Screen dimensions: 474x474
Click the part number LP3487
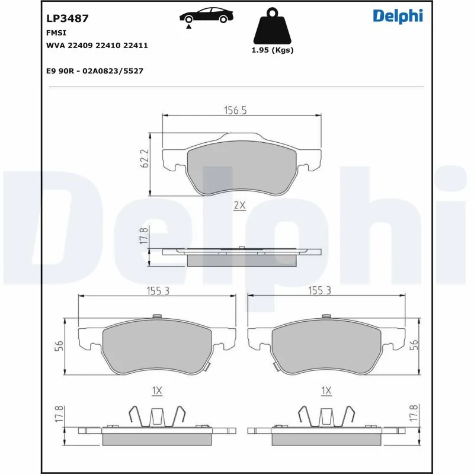pos(67,18)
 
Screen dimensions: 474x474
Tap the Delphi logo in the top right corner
pos(398,16)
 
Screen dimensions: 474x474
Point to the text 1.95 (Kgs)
pos(273,50)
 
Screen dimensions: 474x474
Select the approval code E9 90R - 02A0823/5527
pos(95,71)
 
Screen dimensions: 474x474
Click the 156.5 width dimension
pos(235,110)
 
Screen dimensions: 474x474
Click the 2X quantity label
pos(239,206)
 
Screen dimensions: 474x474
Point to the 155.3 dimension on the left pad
pos(157,291)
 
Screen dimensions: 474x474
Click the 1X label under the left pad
pos(157,391)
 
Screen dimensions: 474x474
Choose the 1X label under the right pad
pos(326,391)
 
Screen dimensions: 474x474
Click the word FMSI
pos(55,34)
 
